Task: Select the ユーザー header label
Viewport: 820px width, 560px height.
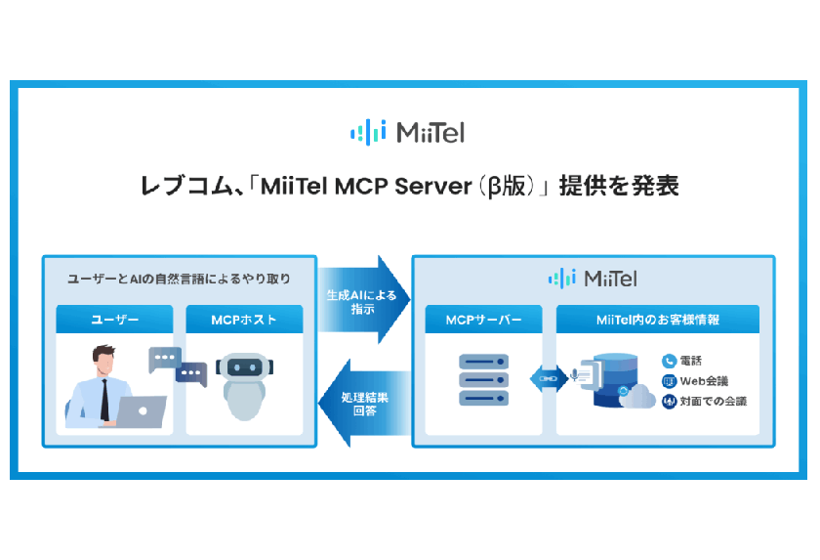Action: pyautogui.click(x=115, y=320)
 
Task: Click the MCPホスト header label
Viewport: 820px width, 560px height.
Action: pyautogui.click(x=244, y=320)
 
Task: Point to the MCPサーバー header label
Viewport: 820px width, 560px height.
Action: pyautogui.click(x=483, y=320)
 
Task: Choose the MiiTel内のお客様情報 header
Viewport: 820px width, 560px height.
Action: pyautogui.click(x=657, y=320)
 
